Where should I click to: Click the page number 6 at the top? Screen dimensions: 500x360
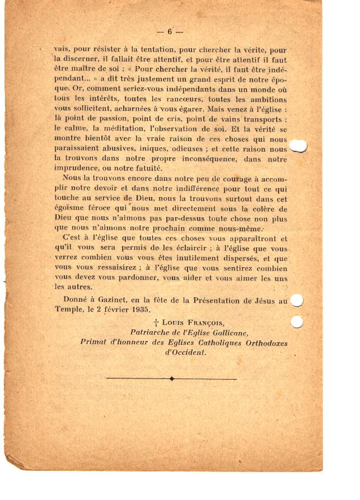170,32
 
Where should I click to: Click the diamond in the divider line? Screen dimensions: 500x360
172,379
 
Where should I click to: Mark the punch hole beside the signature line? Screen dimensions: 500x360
297,321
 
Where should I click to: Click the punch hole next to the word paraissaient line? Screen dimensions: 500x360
298,147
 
